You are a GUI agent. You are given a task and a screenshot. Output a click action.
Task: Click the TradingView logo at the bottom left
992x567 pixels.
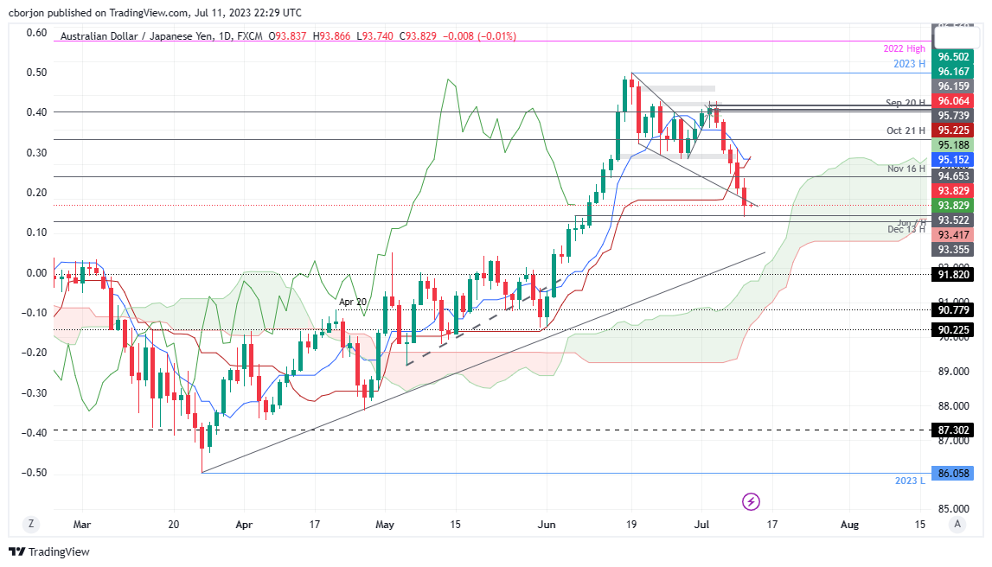(x=49, y=551)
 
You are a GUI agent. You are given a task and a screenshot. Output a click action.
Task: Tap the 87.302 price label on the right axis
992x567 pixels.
(x=952, y=429)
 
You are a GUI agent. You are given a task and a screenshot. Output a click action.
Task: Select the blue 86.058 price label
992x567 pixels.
(x=952, y=474)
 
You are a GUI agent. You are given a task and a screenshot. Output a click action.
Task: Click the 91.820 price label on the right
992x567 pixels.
(x=952, y=274)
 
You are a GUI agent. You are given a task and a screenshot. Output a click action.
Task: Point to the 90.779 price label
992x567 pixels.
(x=952, y=310)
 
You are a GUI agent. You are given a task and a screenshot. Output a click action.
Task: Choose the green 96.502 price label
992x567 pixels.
(x=952, y=56)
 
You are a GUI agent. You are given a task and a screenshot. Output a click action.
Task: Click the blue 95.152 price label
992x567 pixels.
(x=952, y=160)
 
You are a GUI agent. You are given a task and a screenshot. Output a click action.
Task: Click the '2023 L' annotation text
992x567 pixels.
(x=910, y=480)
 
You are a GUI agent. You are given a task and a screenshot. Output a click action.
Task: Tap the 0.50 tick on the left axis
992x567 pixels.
(x=35, y=73)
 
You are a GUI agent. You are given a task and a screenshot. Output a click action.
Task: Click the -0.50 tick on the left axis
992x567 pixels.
(x=34, y=473)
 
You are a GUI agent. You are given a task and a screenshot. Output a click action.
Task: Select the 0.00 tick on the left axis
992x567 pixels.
(x=35, y=273)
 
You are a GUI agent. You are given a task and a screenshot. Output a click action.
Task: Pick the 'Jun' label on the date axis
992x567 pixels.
(x=547, y=525)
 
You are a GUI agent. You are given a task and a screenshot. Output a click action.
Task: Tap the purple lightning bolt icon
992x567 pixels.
(x=751, y=501)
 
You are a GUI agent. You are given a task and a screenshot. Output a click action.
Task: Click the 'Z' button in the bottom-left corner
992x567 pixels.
(x=30, y=524)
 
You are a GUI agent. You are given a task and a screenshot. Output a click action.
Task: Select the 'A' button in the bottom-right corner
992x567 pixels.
(x=956, y=524)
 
